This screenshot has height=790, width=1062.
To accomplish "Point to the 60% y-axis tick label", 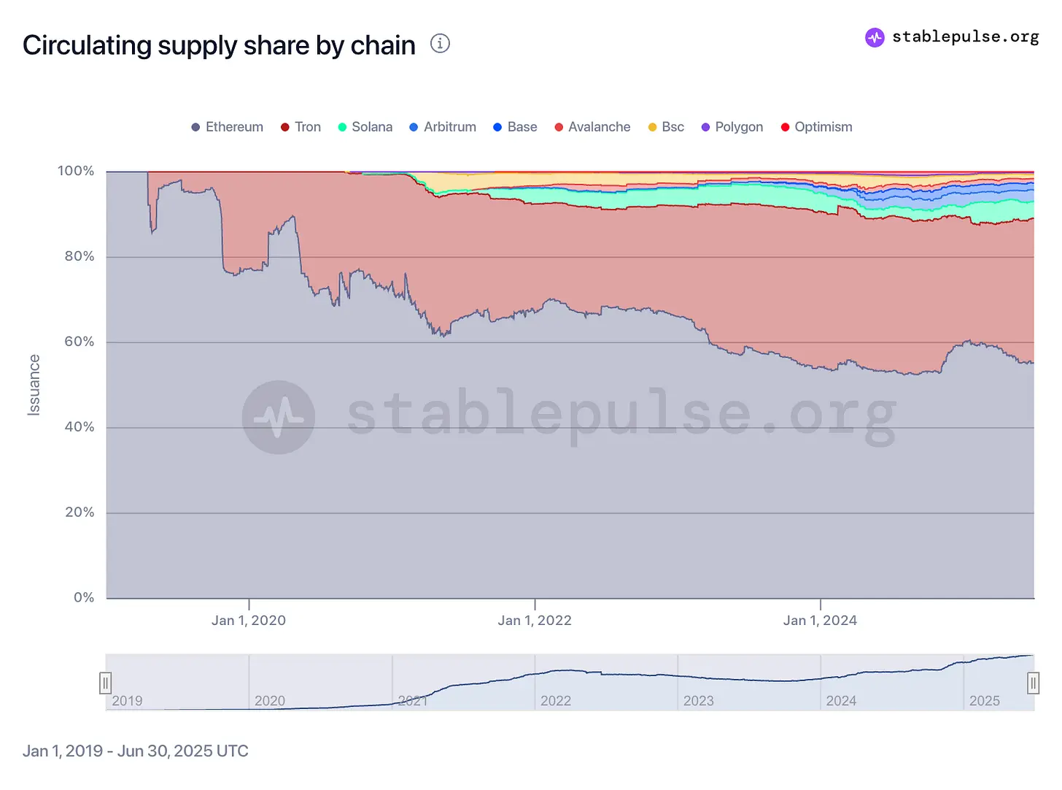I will pyautogui.click(x=80, y=342).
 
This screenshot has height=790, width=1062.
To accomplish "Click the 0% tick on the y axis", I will pyautogui.click(x=84, y=597).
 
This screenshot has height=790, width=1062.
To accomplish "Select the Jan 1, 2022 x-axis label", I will pyautogui.click(x=535, y=621).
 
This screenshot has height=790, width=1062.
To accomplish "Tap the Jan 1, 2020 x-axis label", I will pyautogui.click(x=249, y=621).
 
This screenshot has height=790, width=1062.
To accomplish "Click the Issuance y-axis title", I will pyautogui.click(x=34, y=385).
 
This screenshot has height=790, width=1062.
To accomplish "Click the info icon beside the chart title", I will pyautogui.click(x=440, y=44).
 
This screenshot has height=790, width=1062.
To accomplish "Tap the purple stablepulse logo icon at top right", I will pyautogui.click(x=875, y=37).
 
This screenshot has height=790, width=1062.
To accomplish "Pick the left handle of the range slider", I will pyautogui.click(x=106, y=683).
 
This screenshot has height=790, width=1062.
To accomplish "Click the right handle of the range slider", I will pyautogui.click(x=1034, y=683).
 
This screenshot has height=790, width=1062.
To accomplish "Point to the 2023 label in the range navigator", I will pyautogui.click(x=698, y=701).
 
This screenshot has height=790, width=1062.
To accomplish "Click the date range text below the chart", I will pyautogui.click(x=136, y=751).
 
